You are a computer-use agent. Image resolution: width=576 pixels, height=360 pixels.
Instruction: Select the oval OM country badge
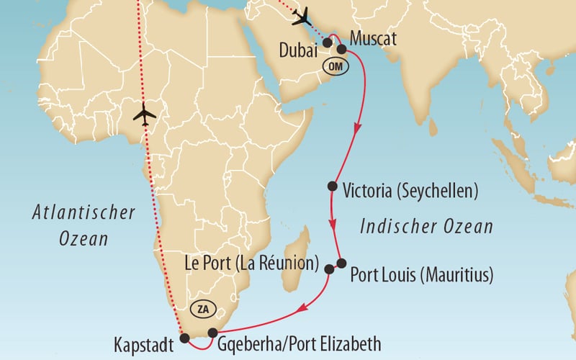pyautogui.click(x=335, y=66)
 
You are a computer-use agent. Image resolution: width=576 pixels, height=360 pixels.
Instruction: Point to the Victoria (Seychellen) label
pyautogui.click(x=411, y=191)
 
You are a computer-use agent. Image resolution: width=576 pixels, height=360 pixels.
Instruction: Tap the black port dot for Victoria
pyautogui.click(x=332, y=186)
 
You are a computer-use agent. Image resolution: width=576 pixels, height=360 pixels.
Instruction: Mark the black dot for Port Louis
pyautogui.click(x=341, y=263)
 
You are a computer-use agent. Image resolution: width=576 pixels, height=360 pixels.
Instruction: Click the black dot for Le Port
pyautogui.click(x=329, y=269)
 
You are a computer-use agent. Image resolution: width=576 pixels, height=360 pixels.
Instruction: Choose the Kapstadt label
pyautogui.click(x=144, y=345)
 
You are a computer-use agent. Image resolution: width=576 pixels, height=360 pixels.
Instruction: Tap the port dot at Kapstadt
pyautogui.click(x=185, y=337)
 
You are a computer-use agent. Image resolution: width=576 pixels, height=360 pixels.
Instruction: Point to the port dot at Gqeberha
pyautogui.click(x=212, y=332)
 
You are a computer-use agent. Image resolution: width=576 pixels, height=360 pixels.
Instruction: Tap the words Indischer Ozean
pyautogui.click(x=426, y=228)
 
